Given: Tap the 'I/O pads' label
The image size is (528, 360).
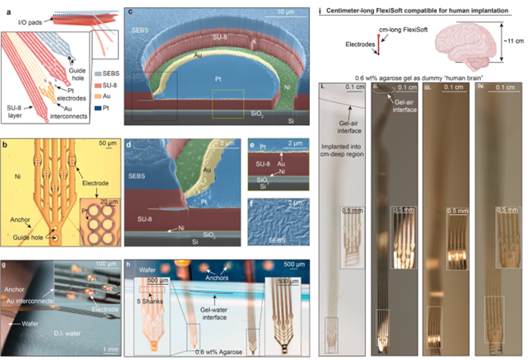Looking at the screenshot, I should coord(30,21).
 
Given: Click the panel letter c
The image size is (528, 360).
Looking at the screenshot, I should coord(130,11).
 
